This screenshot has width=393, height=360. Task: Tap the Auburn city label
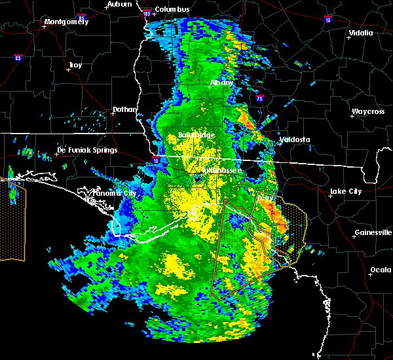pyautogui.click(x=119, y=4)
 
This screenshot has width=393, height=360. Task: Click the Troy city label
pyautogui.click(x=75, y=65)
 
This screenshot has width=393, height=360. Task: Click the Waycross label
pyautogui.click(x=367, y=111)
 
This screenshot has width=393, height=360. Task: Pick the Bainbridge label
pyautogui.click(x=196, y=135)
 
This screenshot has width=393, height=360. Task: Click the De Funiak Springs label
pyautogui.click(x=87, y=150)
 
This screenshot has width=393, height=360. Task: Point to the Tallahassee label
pyautogui.click(x=221, y=170)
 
